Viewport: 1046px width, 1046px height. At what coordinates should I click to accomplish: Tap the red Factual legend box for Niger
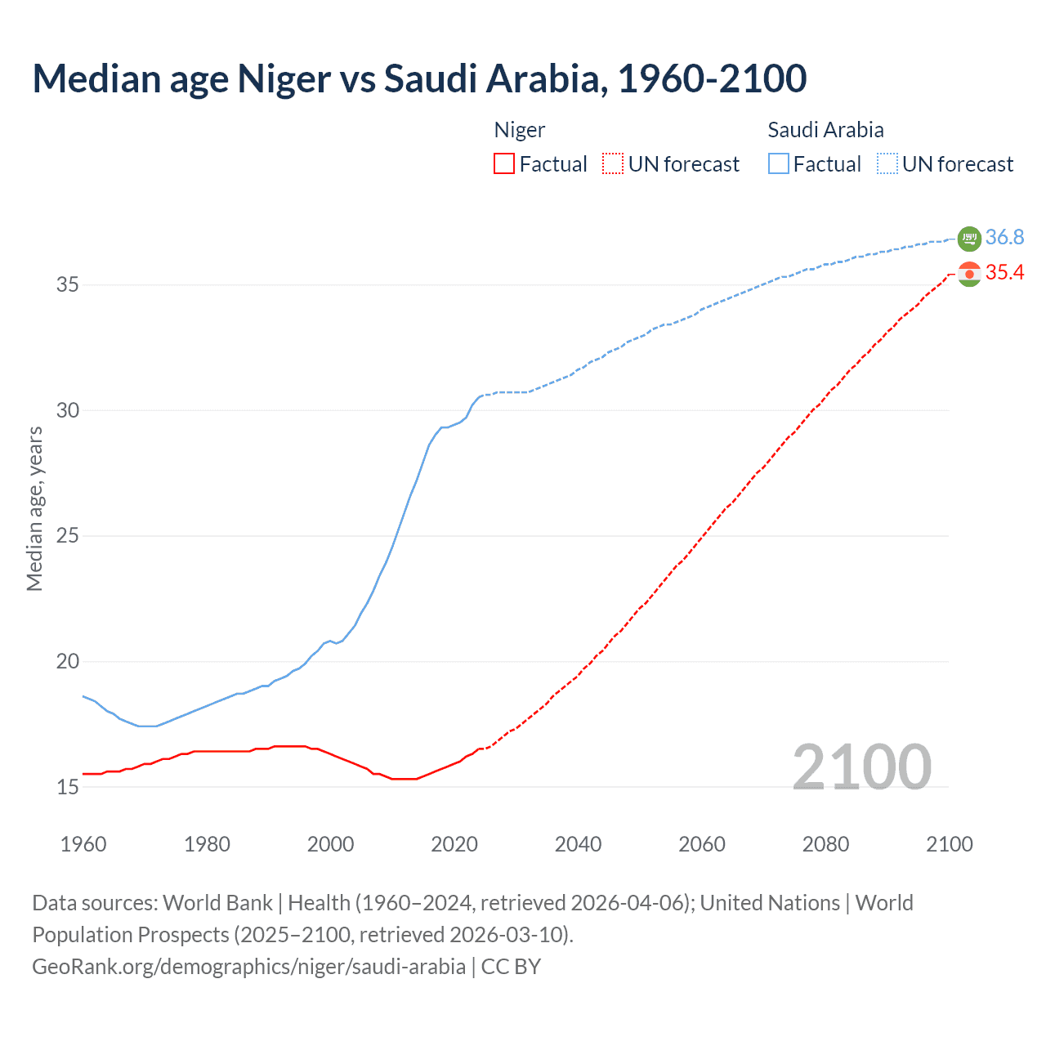(x=504, y=164)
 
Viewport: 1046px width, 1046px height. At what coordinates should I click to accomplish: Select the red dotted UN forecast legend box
(x=613, y=164)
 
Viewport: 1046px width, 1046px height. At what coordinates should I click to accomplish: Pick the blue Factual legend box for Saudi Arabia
(x=779, y=164)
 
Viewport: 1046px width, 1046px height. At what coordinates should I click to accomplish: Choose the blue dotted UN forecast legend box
(x=887, y=164)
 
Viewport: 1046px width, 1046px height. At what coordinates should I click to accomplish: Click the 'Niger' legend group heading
(x=520, y=131)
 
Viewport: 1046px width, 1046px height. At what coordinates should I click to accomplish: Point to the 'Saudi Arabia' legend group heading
(x=825, y=131)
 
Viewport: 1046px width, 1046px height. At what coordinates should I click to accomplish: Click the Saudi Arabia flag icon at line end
(x=969, y=239)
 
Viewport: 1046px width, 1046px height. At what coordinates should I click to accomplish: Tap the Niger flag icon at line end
(x=969, y=274)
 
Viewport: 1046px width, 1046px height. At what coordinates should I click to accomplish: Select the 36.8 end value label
(x=1004, y=238)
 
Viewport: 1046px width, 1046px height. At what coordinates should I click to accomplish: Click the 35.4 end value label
(x=1004, y=273)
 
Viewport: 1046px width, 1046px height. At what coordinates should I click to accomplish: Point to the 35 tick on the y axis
(x=68, y=285)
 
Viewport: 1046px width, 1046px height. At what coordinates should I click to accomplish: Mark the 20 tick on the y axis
(x=68, y=662)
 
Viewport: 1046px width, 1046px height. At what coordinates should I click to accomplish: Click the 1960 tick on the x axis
(x=83, y=844)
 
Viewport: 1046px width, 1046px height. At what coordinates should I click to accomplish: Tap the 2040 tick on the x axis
(x=579, y=844)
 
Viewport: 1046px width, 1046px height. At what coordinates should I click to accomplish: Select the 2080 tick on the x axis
(x=825, y=844)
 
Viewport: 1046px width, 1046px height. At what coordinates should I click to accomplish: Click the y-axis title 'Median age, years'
(x=34, y=508)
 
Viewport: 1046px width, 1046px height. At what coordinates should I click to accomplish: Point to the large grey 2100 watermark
(x=862, y=767)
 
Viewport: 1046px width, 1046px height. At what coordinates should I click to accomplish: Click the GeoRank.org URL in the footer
(x=248, y=967)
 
